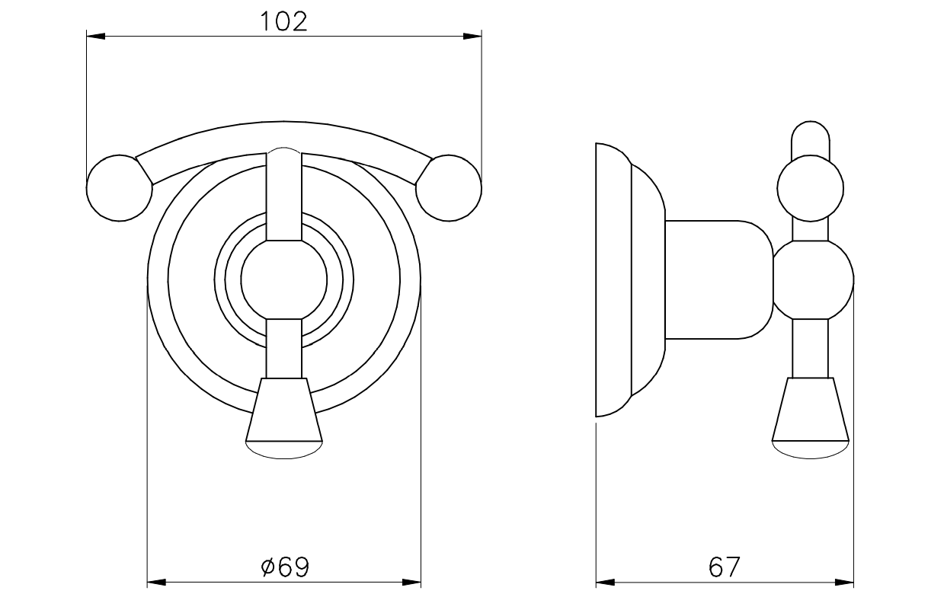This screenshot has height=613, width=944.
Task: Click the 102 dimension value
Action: (x=284, y=21)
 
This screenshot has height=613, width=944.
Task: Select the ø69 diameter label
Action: (x=285, y=567)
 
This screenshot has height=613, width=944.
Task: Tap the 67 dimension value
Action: (x=724, y=567)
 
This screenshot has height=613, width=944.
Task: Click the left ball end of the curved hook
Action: (x=120, y=188)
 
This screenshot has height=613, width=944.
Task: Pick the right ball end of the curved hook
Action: (x=449, y=188)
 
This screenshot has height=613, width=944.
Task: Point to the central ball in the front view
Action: (x=284, y=280)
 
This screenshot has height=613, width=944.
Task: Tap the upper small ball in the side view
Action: (x=811, y=188)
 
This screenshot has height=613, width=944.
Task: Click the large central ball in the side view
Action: (x=814, y=280)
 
